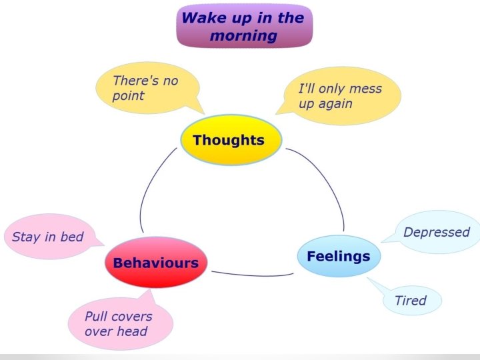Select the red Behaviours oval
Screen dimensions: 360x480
click(x=155, y=263)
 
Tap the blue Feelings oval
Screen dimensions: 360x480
click(x=338, y=257)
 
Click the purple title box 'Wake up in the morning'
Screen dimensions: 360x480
click(x=244, y=26)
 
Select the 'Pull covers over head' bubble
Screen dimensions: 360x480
click(x=119, y=323)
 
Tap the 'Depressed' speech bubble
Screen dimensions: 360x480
click(x=437, y=233)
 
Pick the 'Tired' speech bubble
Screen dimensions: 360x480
click(x=411, y=301)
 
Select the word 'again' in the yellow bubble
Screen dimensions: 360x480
click(x=335, y=105)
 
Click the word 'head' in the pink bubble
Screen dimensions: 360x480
click(x=132, y=331)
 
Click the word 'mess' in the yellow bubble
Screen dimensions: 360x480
click(x=365, y=89)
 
